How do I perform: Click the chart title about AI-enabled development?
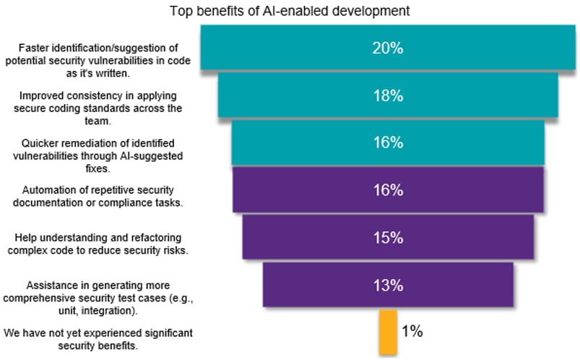290,11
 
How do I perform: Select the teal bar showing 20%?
388,48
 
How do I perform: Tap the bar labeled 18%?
388,95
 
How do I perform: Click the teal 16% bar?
388,142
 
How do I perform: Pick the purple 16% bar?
388,189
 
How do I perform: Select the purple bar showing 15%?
388,237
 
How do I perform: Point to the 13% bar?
388,284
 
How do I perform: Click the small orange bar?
388,333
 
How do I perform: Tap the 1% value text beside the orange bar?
412,331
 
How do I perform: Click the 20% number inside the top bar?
388,48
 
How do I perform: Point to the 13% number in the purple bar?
388,286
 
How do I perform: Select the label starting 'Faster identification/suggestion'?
98,61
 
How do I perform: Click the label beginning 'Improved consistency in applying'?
98,108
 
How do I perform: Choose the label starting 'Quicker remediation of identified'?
98,155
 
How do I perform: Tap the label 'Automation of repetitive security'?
98,197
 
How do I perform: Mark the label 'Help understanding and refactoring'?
98,244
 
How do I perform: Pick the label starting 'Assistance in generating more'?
98,298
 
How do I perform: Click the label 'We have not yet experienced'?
98,339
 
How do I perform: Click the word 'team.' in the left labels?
98,121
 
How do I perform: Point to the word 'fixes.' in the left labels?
98,168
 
